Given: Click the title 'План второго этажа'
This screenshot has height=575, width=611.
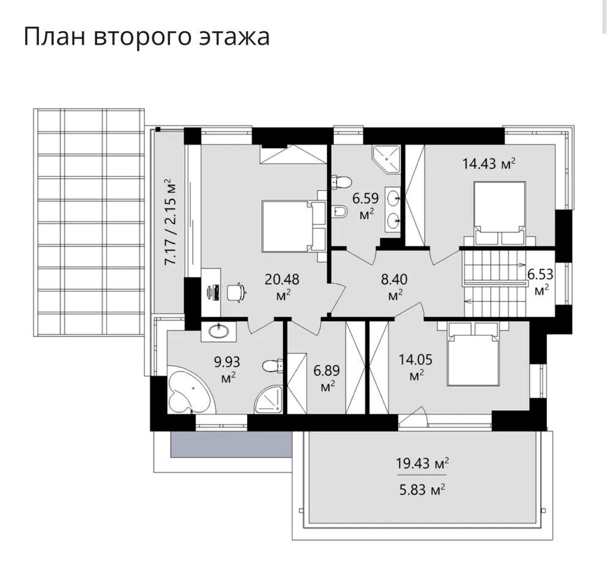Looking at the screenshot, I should pyautogui.click(x=147, y=37).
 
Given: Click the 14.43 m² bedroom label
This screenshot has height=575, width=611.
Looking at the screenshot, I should pyautogui.click(x=489, y=163).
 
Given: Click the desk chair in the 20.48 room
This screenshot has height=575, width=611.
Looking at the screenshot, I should pyautogui.click(x=236, y=292).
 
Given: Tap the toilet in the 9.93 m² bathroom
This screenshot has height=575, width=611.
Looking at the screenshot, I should pyautogui.click(x=272, y=366).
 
